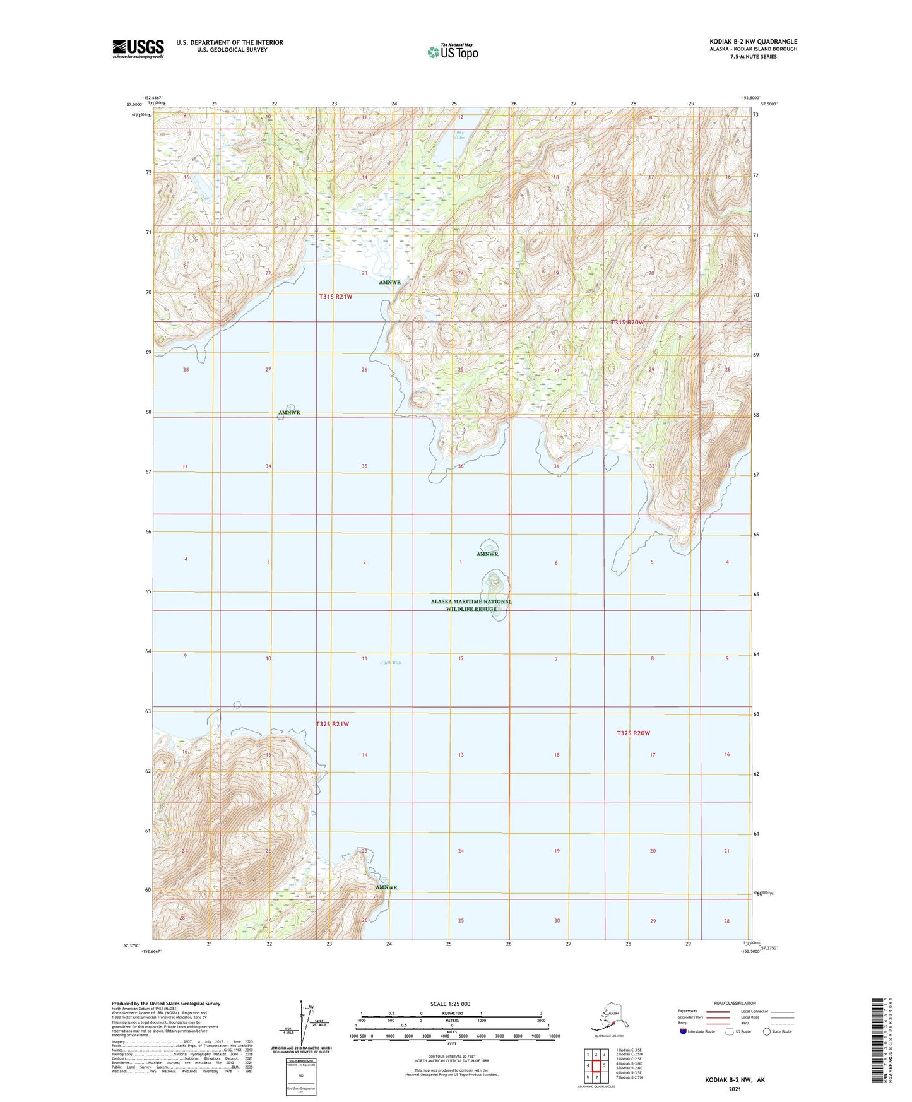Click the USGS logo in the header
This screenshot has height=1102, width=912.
coord(138,49)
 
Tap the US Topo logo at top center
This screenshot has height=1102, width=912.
coord(452,52)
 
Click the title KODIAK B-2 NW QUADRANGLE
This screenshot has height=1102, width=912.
coord(753,42)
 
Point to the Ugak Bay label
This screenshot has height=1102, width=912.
coord(390,663)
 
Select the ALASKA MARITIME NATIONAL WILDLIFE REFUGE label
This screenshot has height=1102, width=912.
coord(471,605)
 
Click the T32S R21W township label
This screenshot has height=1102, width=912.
coord(332,724)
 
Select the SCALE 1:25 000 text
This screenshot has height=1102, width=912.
coord(451,1004)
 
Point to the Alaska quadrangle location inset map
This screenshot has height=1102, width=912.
coord(606,1018)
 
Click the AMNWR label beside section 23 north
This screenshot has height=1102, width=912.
coord(390,282)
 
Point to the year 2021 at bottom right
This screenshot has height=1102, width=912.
coord(734,1089)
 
